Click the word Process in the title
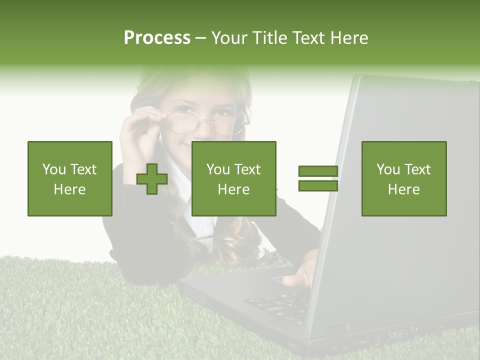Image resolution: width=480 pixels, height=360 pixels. [157, 38]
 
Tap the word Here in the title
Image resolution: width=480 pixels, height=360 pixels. [348, 38]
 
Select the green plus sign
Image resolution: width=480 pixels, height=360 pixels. [152, 179]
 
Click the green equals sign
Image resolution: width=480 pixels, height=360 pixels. [318, 178]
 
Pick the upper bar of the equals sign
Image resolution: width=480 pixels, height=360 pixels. [318, 171]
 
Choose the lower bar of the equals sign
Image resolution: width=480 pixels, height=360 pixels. [318, 185]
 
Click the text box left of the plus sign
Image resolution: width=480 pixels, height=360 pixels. [70, 178]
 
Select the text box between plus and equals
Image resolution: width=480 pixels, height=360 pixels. [233, 178]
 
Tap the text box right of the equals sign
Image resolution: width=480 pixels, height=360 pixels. [404, 178]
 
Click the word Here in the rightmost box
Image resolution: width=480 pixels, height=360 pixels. [404, 189]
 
